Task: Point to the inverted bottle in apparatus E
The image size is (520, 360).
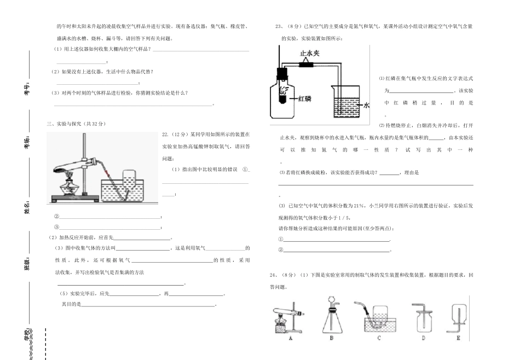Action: (458, 316)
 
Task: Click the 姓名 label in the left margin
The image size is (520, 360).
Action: (27, 207)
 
